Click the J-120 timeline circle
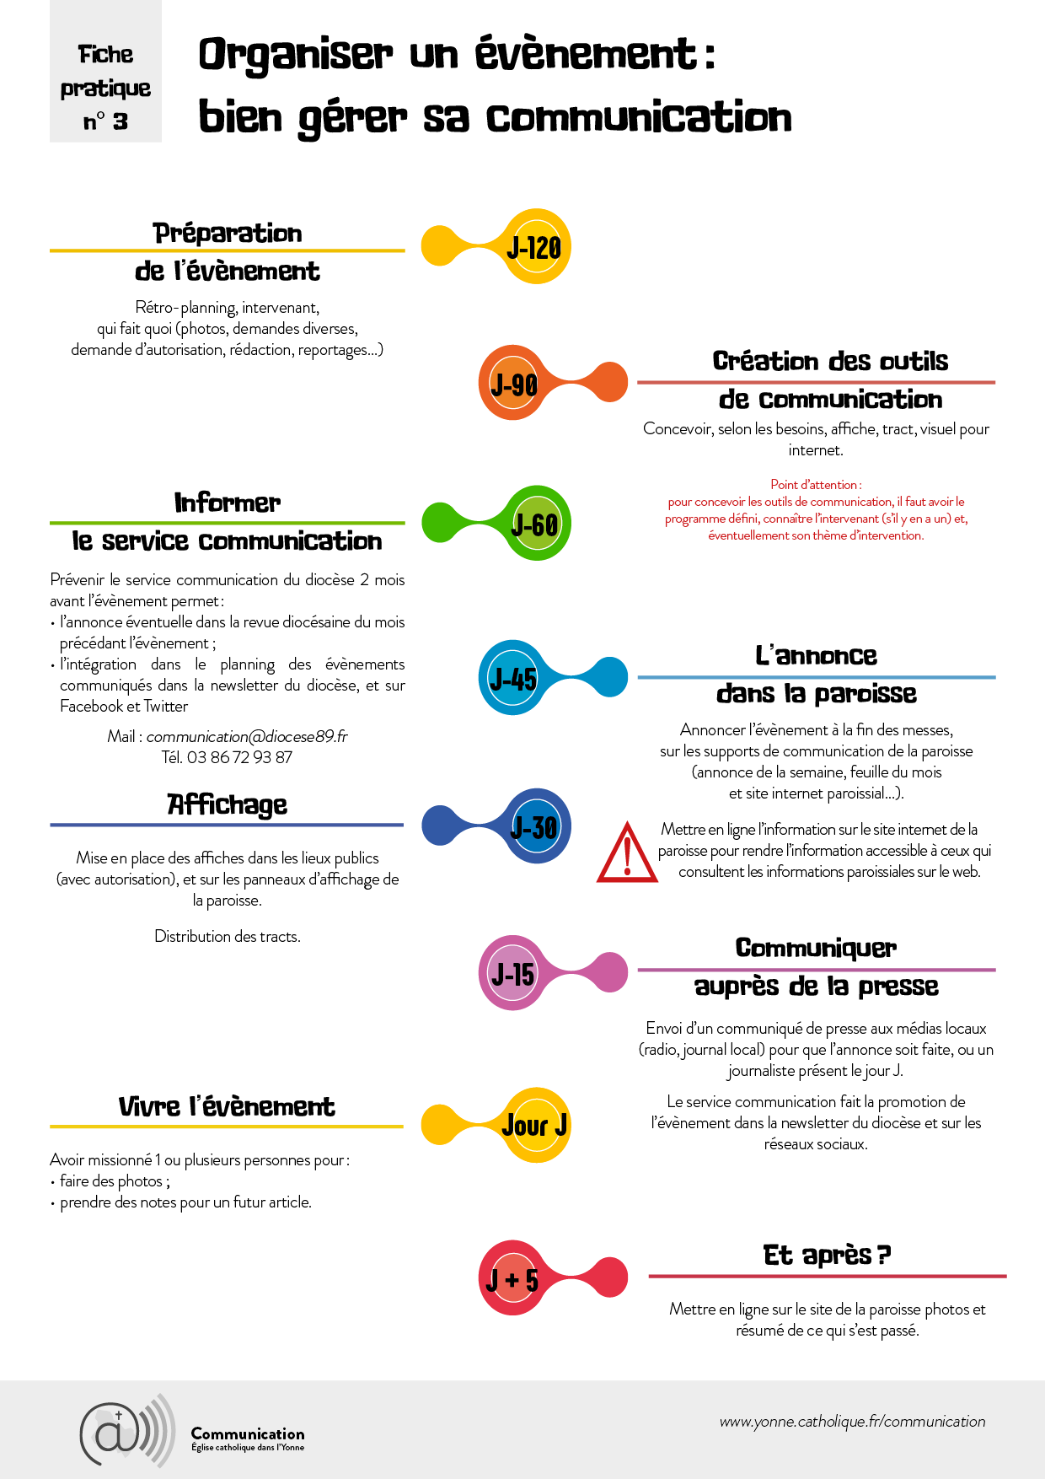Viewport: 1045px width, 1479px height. (x=534, y=247)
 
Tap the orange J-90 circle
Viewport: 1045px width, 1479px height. (x=514, y=384)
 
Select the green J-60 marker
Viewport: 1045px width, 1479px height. (x=534, y=524)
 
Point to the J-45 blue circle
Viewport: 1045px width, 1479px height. (x=514, y=677)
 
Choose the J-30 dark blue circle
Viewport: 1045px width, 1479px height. (x=534, y=826)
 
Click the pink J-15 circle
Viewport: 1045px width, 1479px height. (x=514, y=973)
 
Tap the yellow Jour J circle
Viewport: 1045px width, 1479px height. (x=534, y=1125)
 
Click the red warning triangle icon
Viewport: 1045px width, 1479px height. (x=627, y=854)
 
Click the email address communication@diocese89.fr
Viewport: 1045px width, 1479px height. (x=247, y=736)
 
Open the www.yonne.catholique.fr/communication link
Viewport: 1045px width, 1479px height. (x=852, y=1421)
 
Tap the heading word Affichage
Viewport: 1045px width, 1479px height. (x=228, y=804)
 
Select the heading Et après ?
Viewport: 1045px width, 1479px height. (x=827, y=1255)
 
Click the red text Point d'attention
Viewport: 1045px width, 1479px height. (x=816, y=484)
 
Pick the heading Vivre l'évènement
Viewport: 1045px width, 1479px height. (x=227, y=1105)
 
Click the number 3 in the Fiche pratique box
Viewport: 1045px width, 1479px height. (x=121, y=121)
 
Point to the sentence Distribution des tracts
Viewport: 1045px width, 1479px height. (x=227, y=936)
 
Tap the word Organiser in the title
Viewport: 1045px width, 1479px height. (x=296, y=55)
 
